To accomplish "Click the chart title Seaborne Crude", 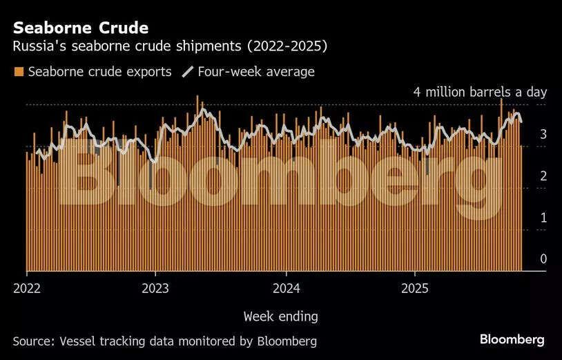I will pyautogui.click(x=80, y=28).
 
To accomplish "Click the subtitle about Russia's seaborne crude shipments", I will pyautogui.click(x=170, y=47).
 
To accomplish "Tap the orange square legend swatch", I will pyautogui.click(x=19, y=72).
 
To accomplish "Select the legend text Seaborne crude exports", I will pyautogui.click(x=99, y=72).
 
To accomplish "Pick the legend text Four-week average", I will pyautogui.click(x=255, y=72).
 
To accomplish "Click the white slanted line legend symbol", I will pyautogui.click(x=187, y=72).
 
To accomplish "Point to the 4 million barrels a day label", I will pyautogui.click(x=480, y=92).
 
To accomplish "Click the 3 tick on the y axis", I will pyautogui.click(x=543, y=134).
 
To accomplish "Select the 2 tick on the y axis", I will pyautogui.click(x=543, y=176).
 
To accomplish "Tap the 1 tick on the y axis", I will pyautogui.click(x=543, y=218).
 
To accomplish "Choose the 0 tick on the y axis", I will pyautogui.click(x=543, y=259).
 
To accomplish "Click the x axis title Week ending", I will pyautogui.click(x=280, y=316).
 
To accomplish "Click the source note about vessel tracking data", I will pyautogui.click(x=165, y=341).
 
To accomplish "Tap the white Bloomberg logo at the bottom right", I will pyautogui.click(x=512, y=339).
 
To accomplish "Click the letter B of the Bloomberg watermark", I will pyautogui.click(x=86, y=172).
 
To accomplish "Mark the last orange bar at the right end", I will pyautogui.click(x=521, y=207).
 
